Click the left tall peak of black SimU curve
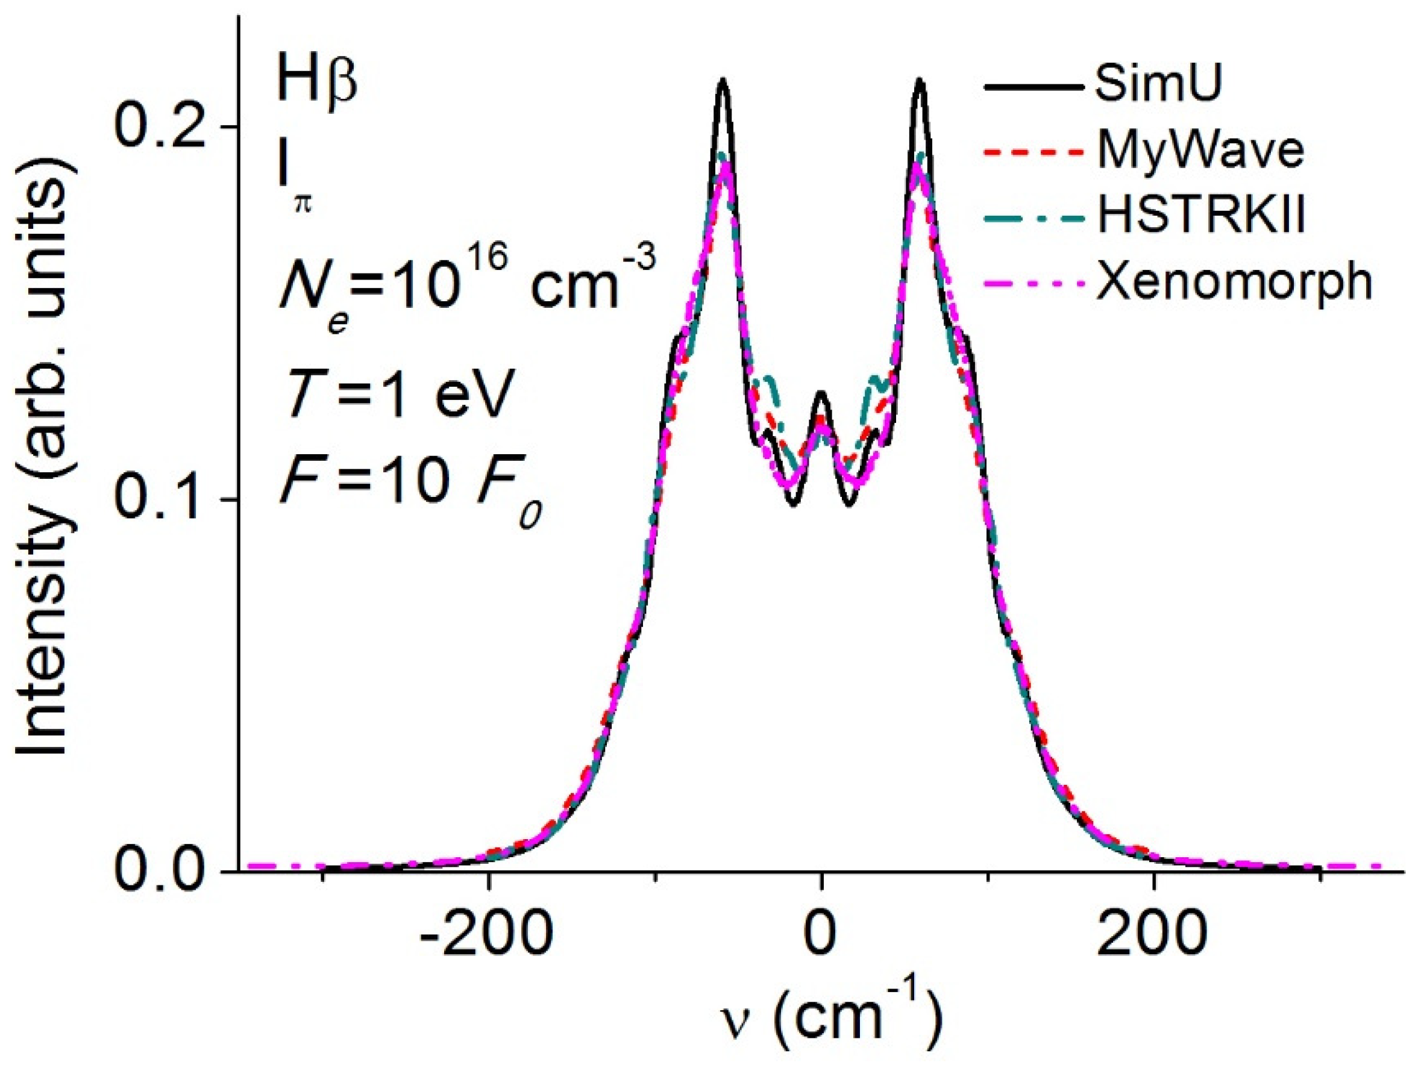(x=723, y=81)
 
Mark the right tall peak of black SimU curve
(x=920, y=81)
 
